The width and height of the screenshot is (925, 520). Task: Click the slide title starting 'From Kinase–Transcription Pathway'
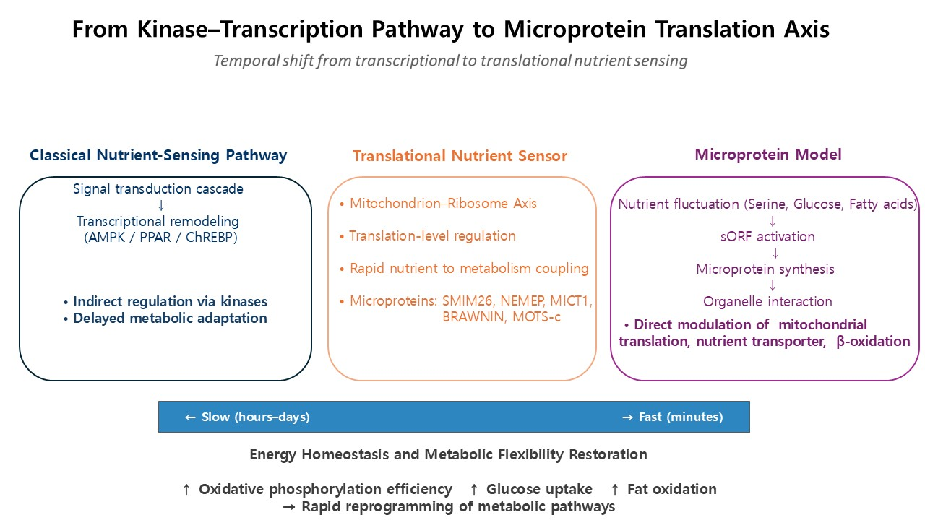(x=451, y=30)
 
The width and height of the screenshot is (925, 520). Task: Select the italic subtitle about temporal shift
(x=450, y=61)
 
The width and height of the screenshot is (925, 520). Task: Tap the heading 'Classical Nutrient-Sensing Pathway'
(x=158, y=155)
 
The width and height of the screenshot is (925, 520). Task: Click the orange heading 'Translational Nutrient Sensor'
(x=460, y=156)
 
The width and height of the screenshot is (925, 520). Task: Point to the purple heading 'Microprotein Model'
(x=768, y=155)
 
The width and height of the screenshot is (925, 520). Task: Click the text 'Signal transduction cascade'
(x=158, y=189)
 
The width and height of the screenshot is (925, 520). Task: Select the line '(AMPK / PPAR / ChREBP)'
(x=160, y=238)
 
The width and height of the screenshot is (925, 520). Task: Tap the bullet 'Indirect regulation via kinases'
(x=170, y=302)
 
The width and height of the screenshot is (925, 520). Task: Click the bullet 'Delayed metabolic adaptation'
(x=170, y=318)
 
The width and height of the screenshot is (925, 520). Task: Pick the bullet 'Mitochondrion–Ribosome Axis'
(x=443, y=204)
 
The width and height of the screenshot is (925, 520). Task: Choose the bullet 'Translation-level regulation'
(x=432, y=236)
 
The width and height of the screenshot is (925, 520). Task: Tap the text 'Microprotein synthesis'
(x=765, y=269)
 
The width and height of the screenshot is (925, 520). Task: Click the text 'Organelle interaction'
(x=767, y=302)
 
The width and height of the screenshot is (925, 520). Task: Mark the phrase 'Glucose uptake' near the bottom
(x=539, y=489)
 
